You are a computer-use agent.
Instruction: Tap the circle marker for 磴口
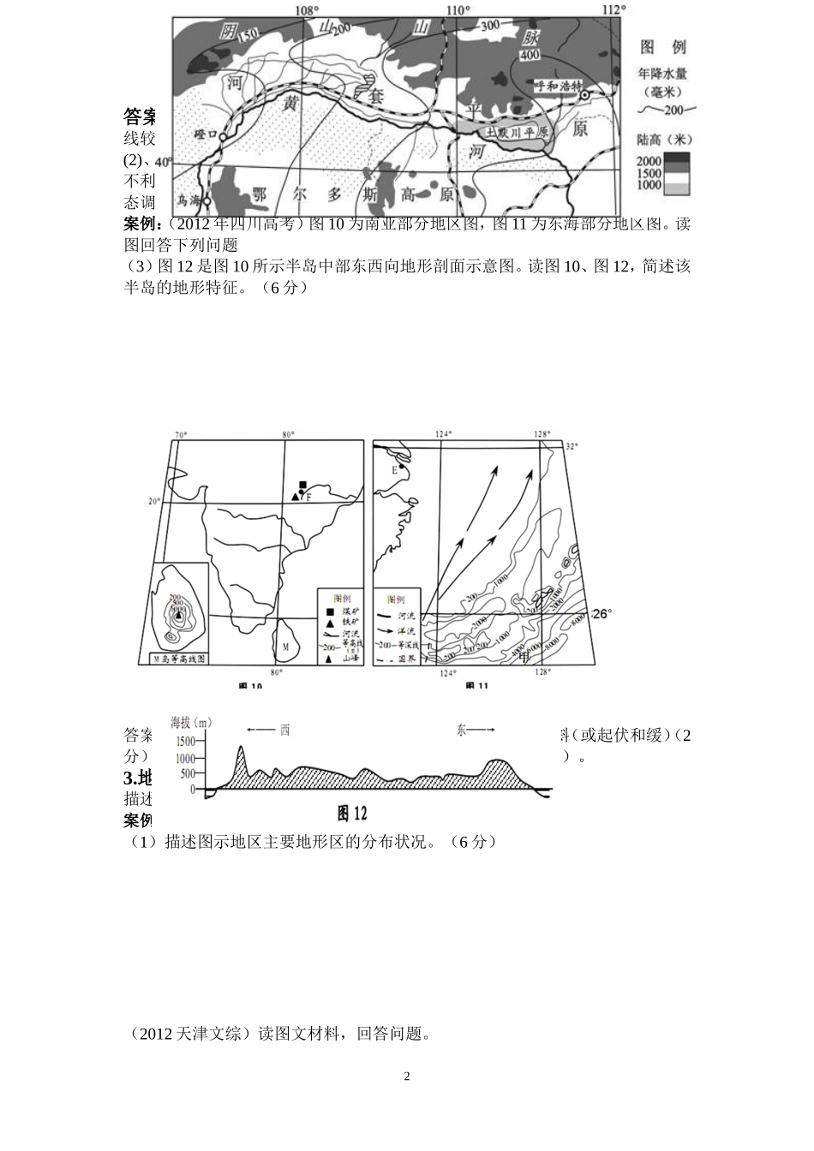click(x=222, y=137)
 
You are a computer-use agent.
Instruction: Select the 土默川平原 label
click(x=517, y=133)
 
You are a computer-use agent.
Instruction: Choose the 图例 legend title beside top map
click(x=663, y=46)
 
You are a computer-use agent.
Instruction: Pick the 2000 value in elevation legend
click(x=649, y=160)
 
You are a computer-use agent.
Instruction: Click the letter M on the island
click(x=286, y=645)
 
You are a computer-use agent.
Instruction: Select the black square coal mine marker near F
click(x=302, y=485)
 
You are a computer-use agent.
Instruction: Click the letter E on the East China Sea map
click(x=394, y=469)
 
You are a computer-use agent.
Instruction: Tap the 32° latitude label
click(x=572, y=446)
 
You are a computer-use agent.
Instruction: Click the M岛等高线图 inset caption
click(x=179, y=659)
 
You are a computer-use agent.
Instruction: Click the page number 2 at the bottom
click(x=407, y=1076)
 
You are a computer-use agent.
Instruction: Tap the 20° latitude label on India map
click(x=154, y=501)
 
